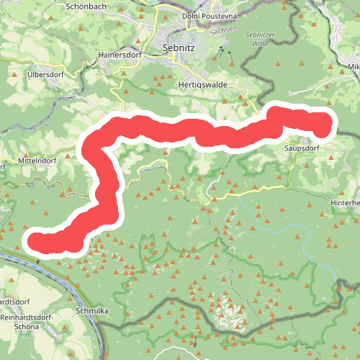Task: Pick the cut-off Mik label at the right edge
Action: click(x=353, y=67)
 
